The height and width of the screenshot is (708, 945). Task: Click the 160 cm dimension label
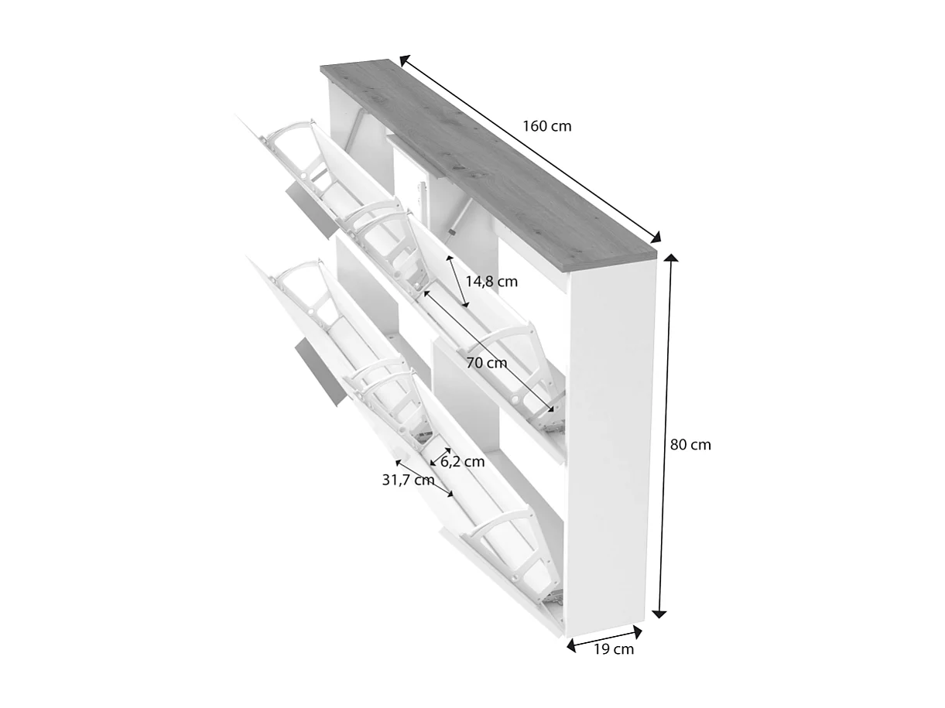[x=547, y=125]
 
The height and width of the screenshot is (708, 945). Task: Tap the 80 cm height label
[x=690, y=445]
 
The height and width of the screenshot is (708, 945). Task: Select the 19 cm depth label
[x=614, y=649]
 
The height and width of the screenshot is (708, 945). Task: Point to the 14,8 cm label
[x=492, y=282]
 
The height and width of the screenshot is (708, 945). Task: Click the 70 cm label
[x=487, y=362]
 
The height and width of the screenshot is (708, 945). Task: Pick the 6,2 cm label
[x=463, y=462]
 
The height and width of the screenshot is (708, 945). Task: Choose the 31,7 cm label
[x=408, y=480]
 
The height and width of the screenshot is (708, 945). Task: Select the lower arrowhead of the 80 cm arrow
[x=659, y=613]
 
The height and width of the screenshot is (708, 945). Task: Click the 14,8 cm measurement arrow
[x=457, y=279]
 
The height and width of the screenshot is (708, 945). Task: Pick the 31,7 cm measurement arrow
[x=423, y=477]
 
